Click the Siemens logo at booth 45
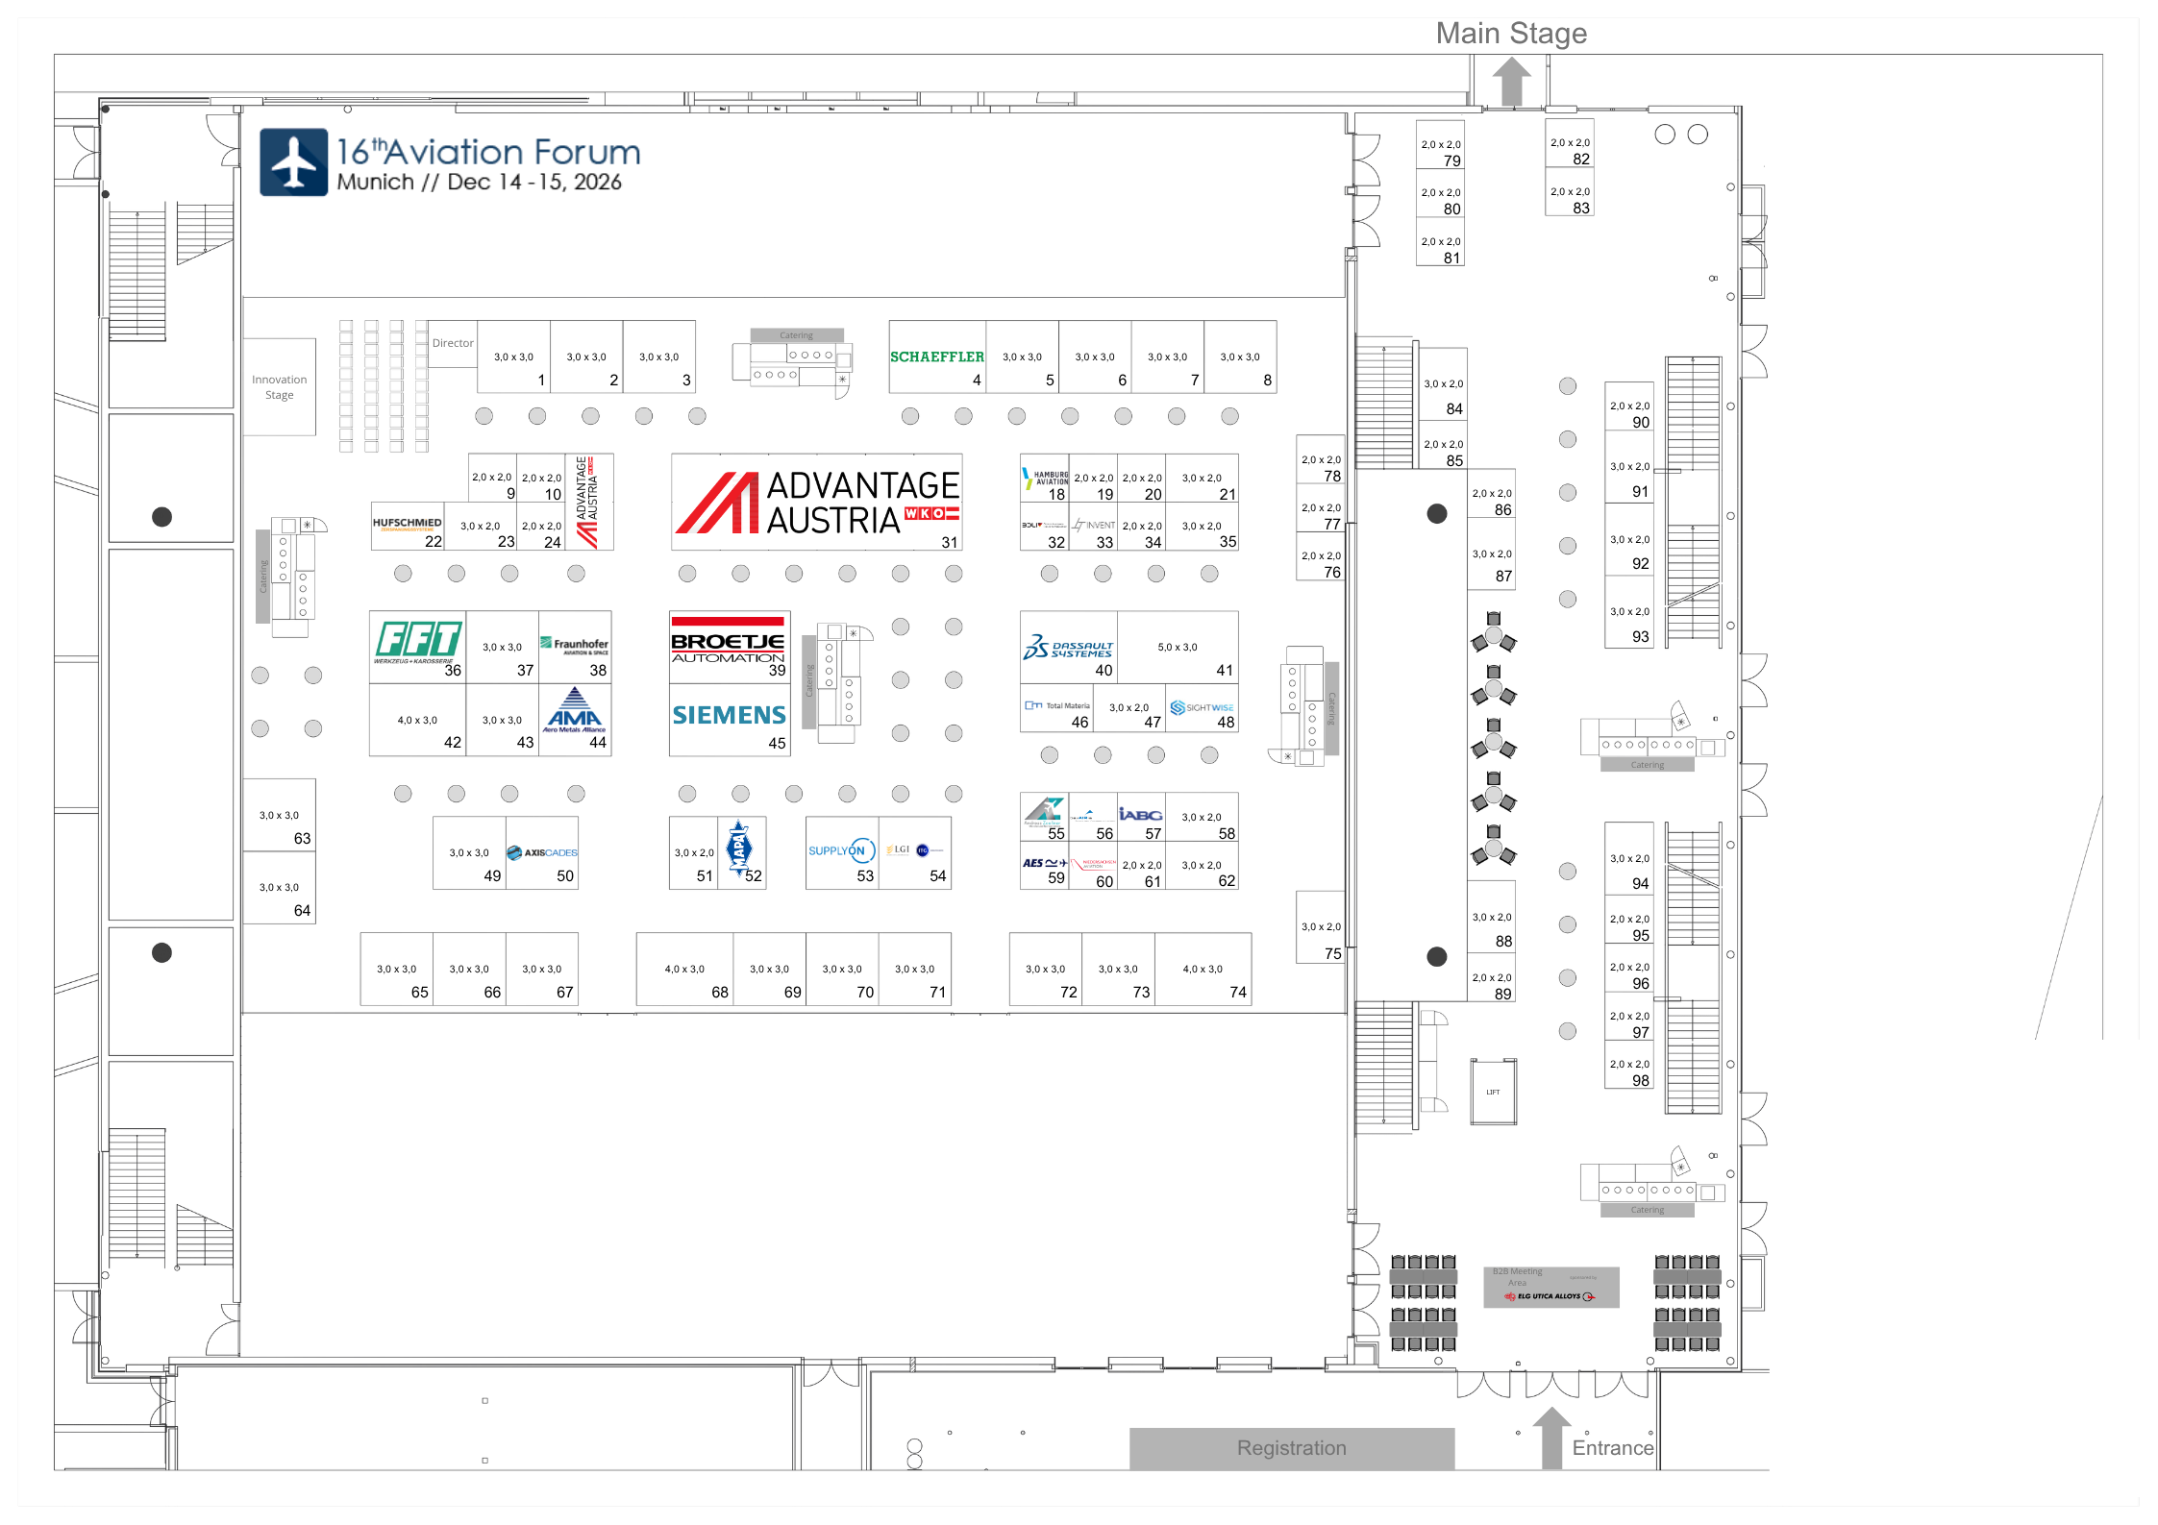tap(729, 715)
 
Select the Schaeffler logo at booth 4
tap(936, 357)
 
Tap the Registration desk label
tap(1291, 1448)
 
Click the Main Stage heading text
tap(1511, 34)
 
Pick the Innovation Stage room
tap(280, 387)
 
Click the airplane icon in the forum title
tap(294, 162)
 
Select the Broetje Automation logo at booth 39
tap(728, 641)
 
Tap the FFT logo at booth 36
tap(418, 641)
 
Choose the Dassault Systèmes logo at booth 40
tap(1068, 648)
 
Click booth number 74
tap(1237, 993)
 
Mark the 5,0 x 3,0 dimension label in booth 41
tap(1178, 648)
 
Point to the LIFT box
tap(1493, 1092)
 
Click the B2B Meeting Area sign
tap(1550, 1287)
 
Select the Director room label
tap(453, 343)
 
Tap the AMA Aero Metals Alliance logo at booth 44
tap(574, 712)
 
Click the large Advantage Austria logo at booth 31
tap(817, 503)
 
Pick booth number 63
tap(302, 839)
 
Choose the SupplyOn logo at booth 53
tap(837, 850)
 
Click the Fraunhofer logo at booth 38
tap(575, 645)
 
